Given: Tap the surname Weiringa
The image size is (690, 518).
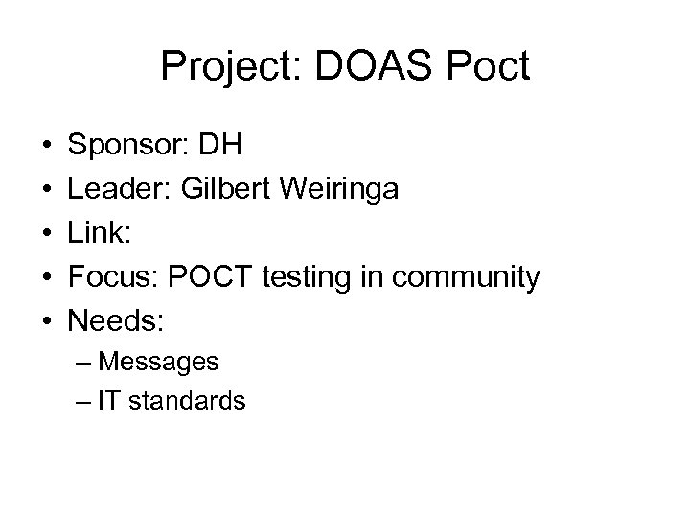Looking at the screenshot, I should point(342,192).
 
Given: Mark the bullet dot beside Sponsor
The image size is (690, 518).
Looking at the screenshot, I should point(47,149).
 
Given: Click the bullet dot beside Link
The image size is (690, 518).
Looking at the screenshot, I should point(47,235).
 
